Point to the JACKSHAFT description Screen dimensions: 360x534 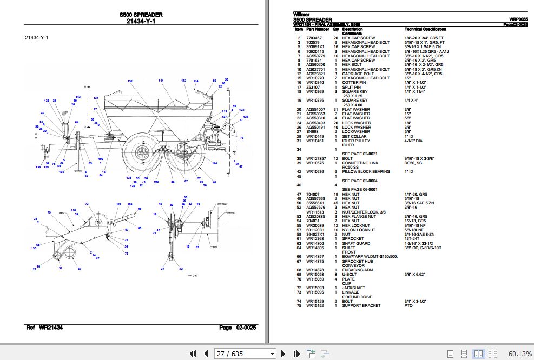[x=353, y=288]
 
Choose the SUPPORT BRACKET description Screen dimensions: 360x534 [x=361, y=305]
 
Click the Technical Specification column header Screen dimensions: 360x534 [x=425, y=29]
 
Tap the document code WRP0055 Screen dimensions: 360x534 [x=518, y=19]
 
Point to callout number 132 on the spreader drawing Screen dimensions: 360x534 [x=130, y=81]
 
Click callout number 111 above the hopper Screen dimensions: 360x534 [x=161, y=80]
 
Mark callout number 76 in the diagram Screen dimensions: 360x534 [x=242, y=138]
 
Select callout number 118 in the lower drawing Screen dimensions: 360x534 [x=73, y=210]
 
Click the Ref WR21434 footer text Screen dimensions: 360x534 [x=44, y=328]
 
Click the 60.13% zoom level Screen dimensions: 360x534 [x=520, y=354]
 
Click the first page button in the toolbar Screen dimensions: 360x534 [x=192, y=354]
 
